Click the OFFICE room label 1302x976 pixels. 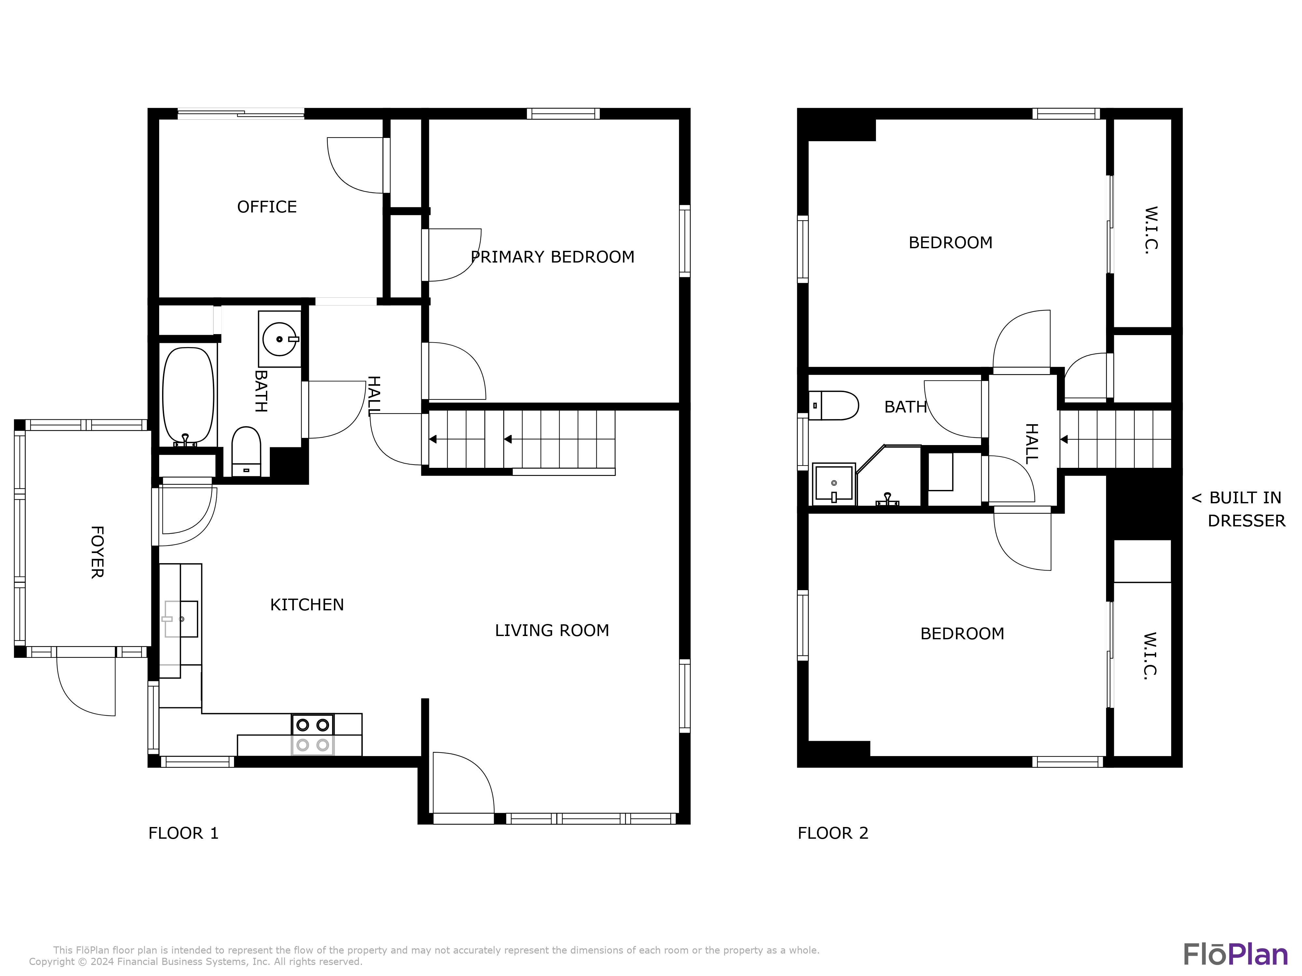267,207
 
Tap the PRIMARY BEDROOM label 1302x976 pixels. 553,257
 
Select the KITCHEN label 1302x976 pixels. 307,605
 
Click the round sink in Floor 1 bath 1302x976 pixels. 280,339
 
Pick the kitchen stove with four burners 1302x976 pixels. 312,735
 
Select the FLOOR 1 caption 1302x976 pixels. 183,833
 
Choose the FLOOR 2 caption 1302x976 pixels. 833,833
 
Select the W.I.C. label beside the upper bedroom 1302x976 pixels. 1151,230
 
